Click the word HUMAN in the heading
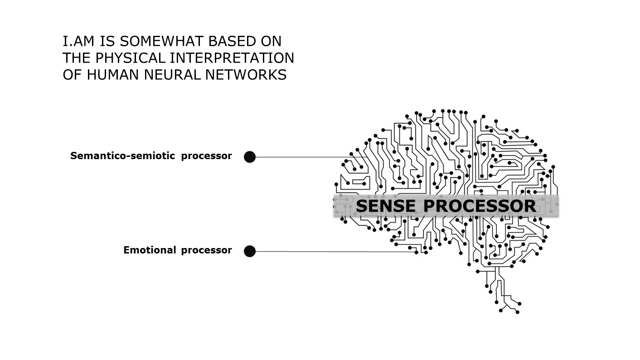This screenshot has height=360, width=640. click(x=113, y=75)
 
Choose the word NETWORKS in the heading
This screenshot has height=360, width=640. click(x=246, y=75)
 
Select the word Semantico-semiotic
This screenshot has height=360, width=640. click(x=122, y=156)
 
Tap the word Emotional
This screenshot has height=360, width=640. click(x=149, y=250)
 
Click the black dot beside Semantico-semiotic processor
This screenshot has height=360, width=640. click(x=250, y=157)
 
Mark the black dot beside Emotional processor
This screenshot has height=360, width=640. click(x=250, y=251)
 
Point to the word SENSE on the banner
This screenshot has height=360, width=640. click(x=385, y=206)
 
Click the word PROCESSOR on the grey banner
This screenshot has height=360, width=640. click(x=480, y=206)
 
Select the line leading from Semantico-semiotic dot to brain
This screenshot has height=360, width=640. click(x=308, y=157)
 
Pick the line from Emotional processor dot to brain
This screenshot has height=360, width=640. click(x=331, y=252)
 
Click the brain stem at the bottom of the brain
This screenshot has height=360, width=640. click(x=499, y=286)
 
